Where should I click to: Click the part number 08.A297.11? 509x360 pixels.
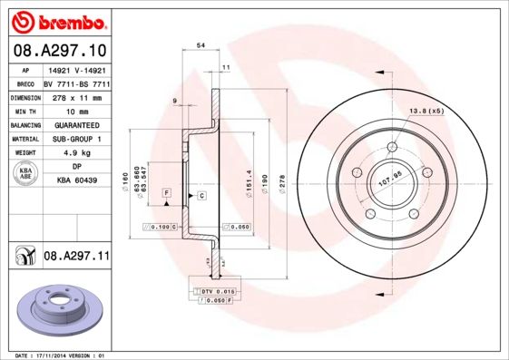tap(76, 257)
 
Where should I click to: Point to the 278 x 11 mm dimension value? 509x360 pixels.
tap(76, 96)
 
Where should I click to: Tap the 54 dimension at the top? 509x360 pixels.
tap(201, 44)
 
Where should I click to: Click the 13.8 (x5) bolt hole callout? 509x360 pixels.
tap(426, 111)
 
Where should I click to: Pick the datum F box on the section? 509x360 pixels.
tap(167, 193)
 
